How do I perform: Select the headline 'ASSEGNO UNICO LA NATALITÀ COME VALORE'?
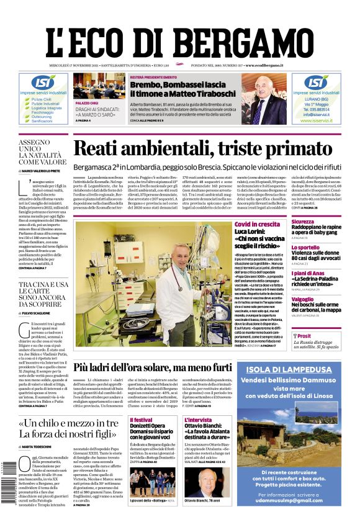pyautogui.click(x=42, y=152)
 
